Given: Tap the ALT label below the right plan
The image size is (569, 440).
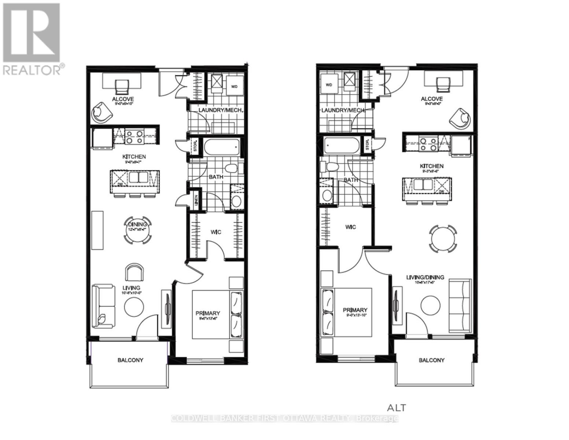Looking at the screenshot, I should click(396, 407).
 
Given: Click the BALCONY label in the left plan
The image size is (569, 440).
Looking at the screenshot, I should click(130, 360).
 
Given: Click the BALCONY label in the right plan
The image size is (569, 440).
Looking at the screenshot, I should click(431, 360).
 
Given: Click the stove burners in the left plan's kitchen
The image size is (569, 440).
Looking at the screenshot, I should click(134, 136).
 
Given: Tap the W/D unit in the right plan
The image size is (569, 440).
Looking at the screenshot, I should click(329, 85).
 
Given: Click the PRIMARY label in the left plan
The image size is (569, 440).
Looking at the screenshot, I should click(208, 313).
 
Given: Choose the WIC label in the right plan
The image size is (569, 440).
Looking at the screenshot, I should click(350, 227).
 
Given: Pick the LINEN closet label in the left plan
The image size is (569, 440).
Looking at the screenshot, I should click(196, 200).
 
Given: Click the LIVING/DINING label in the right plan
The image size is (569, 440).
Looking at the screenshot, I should click(425, 277).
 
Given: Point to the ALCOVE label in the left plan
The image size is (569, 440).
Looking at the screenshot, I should click(123, 99).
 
